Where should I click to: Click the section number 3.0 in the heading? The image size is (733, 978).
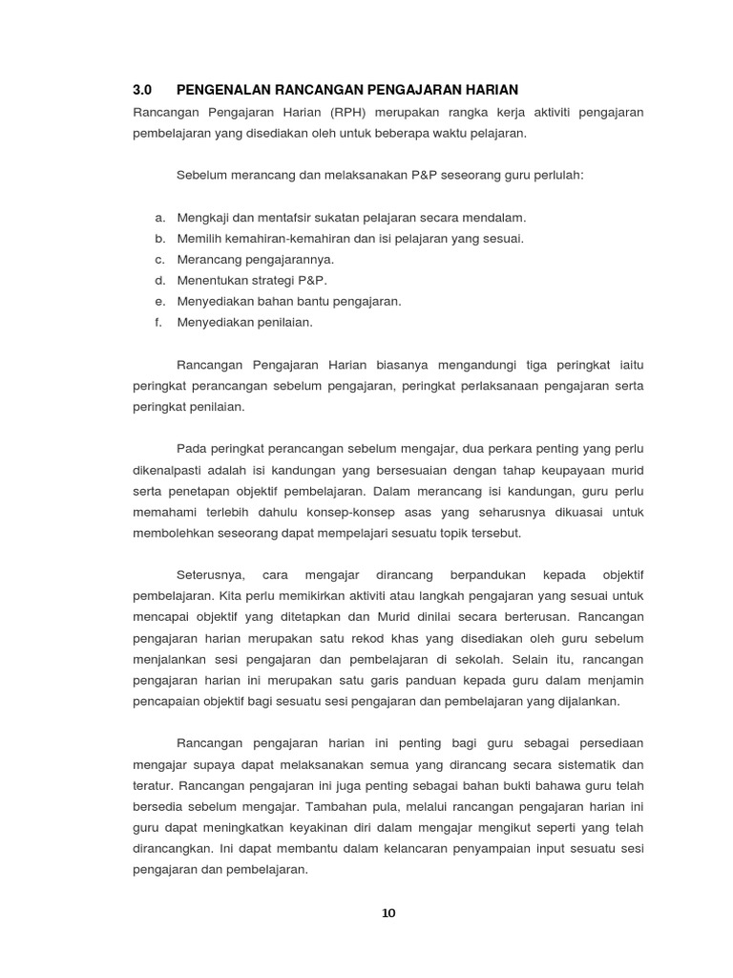(x=142, y=90)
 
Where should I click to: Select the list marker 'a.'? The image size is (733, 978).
(x=160, y=218)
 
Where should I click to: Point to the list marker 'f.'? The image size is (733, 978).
(x=159, y=322)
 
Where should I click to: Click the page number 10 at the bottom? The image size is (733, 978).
(x=387, y=913)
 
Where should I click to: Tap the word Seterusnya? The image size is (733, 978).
(x=212, y=575)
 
